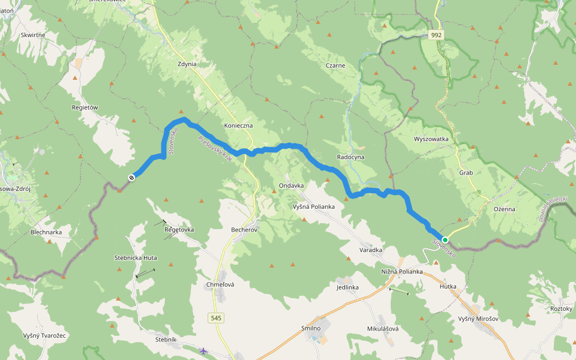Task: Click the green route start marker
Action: pyautogui.click(x=445, y=239)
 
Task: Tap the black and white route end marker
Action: pyautogui.click(x=131, y=176)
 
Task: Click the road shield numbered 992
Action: pyautogui.click(x=437, y=35)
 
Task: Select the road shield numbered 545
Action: pyautogui.click(x=217, y=317)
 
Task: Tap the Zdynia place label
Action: pyautogui.click(x=187, y=64)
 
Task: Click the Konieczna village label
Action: pyautogui.click(x=238, y=125)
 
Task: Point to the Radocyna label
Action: pyautogui.click(x=350, y=157)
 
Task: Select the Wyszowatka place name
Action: pyautogui.click(x=431, y=139)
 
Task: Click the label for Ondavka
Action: pyautogui.click(x=291, y=185)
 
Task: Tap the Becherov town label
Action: pyautogui.click(x=244, y=229)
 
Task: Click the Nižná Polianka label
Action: pyautogui.click(x=402, y=272)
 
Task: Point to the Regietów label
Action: pyautogui.click(x=85, y=107)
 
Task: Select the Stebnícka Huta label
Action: pyautogui.click(x=136, y=257)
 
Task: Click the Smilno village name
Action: pyautogui.click(x=311, y=328)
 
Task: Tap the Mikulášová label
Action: pyautogui.click(x=383, y=329)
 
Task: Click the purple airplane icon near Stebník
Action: pyautogui.click(x=204, y=350)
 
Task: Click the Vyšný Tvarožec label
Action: pyautogui.click(x=44, y=335)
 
